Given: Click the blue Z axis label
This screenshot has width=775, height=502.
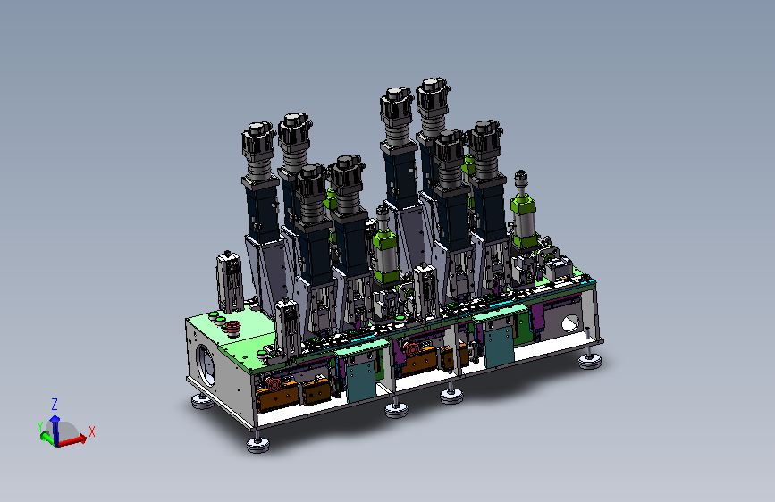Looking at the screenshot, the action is point(55,405).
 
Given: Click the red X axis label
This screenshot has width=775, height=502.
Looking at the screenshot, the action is point(91,431).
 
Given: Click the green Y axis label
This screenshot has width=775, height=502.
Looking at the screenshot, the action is point(40,426).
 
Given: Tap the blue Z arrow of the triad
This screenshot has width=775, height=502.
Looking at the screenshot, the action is point(55,430).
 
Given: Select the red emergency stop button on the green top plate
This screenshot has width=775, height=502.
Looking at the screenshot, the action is point(231,328).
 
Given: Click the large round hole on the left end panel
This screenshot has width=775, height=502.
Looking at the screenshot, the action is point(206,364).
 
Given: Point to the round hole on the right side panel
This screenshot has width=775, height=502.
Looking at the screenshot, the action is point(569,323).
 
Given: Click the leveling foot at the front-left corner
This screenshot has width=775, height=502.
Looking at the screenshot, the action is point(258,444).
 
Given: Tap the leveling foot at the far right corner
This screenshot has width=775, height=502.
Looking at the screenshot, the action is point(590,361).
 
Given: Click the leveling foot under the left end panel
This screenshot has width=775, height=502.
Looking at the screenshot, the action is point(202,402).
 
